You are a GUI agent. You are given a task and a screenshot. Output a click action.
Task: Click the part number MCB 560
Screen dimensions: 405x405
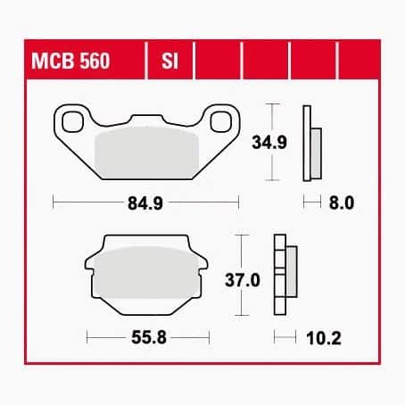point(70,61)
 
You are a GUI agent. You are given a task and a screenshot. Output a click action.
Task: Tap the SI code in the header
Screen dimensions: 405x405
point(169,61)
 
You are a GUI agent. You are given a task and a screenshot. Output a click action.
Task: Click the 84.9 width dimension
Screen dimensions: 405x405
point(145,203)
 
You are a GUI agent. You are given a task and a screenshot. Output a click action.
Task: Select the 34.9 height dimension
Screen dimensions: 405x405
point(269,142)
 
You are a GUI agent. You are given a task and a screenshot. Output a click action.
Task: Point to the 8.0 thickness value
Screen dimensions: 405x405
point(342,203)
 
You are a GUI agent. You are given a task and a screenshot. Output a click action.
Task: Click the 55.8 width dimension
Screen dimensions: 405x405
point(149,337)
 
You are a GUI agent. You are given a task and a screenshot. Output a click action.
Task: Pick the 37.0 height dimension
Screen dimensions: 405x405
point(243,280)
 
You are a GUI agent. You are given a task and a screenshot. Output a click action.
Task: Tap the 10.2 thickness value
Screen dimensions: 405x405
point(324,338)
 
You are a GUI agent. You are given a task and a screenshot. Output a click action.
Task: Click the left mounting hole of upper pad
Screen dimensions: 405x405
point(72,122)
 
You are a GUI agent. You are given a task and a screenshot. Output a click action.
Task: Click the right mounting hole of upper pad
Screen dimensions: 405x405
point(220,122)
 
